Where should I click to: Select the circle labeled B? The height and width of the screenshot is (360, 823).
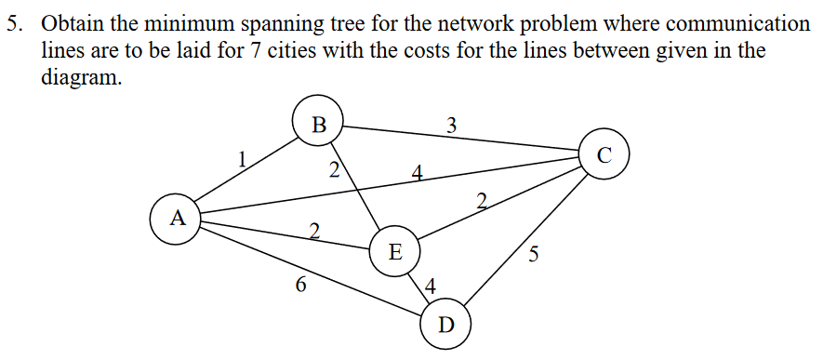319,124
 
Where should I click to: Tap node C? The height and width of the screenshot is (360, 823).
604,154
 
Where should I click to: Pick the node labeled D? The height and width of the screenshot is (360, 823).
445,325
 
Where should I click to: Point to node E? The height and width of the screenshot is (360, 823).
394,251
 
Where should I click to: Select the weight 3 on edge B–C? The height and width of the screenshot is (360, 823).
451,125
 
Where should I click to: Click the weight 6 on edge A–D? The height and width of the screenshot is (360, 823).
299,286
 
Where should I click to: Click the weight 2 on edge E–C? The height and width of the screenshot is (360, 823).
481,200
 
